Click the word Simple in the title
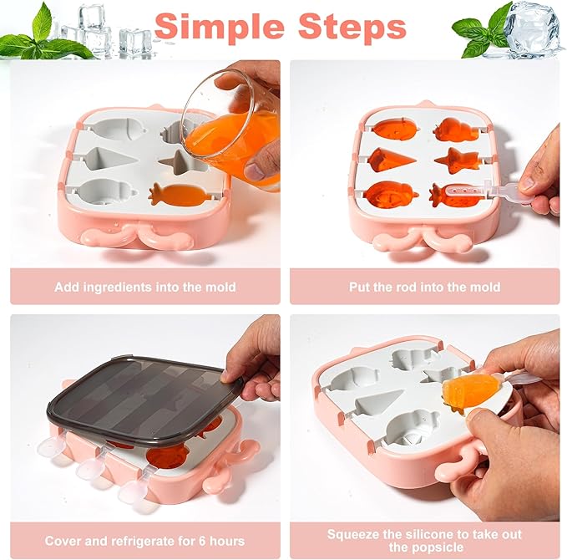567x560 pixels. coord(219,27)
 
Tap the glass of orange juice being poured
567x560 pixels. coord(231,129)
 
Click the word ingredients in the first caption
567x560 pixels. coord(117,287)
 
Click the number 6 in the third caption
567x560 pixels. coord(201,541)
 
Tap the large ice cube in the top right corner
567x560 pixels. coord(532,30)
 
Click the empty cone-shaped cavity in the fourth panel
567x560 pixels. coord(378,402)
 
